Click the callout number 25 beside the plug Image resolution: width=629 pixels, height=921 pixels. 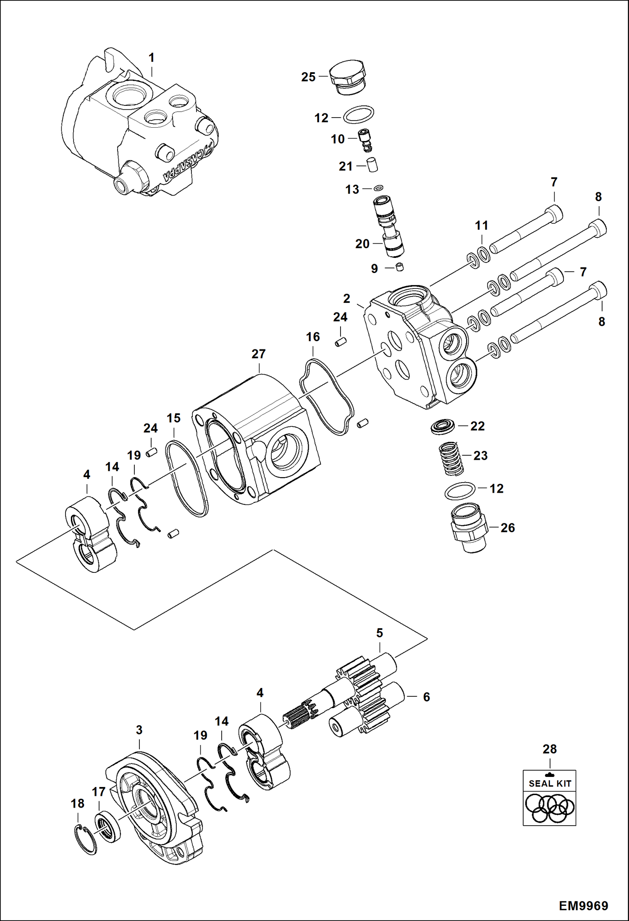[x=308, y=77]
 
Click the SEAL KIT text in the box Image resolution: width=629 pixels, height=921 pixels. [x=550, y=783]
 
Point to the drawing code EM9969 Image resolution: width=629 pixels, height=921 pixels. [x=583, y=906]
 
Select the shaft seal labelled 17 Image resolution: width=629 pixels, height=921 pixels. [x=107, y=828]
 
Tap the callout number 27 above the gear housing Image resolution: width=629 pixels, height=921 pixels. [x=259, y=354]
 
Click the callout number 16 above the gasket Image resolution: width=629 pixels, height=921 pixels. [x=313, y=337]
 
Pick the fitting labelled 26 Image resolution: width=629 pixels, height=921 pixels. [x=469, y=528]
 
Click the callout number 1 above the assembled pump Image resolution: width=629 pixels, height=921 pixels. [x=152, y=58]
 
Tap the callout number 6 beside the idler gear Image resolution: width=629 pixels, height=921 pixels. [x=426, y=697]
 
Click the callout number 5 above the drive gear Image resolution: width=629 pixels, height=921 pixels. [x=380, y=633]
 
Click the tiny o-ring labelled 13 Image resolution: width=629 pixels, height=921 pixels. [x=379, y=188]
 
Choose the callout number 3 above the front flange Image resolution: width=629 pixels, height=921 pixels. [x=139, y=730]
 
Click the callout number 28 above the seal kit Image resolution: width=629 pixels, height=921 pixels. [x=550, y=749]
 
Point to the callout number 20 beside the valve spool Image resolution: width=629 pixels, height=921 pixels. [x=362, y=244]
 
